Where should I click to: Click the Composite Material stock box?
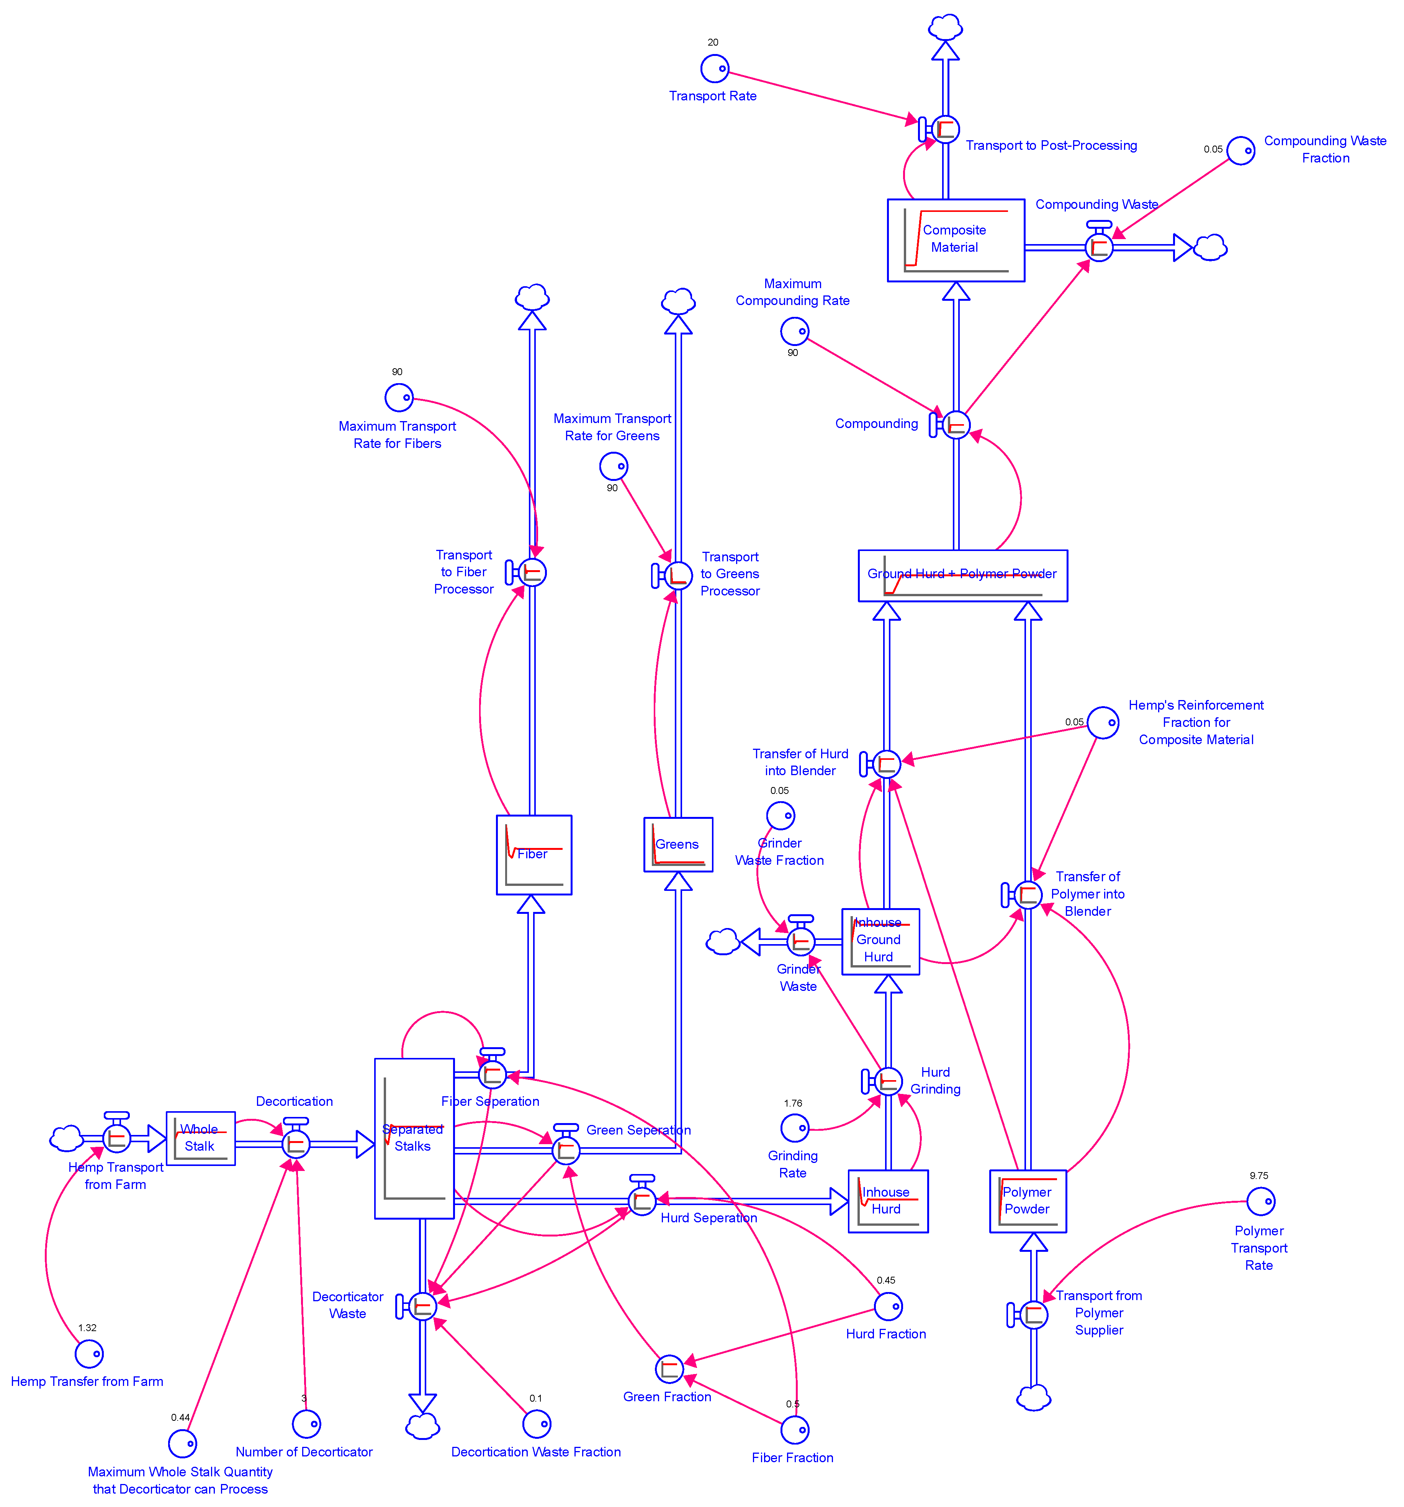pos(956,240)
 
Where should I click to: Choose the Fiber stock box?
pos(533,854)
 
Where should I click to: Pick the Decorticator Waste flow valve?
pos(422,1306)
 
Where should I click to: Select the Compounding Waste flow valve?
pos(1099,247)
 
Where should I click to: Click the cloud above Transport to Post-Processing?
pos(945,27)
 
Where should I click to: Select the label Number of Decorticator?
pos(304,1452)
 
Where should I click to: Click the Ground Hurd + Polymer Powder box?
pos(962,576)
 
